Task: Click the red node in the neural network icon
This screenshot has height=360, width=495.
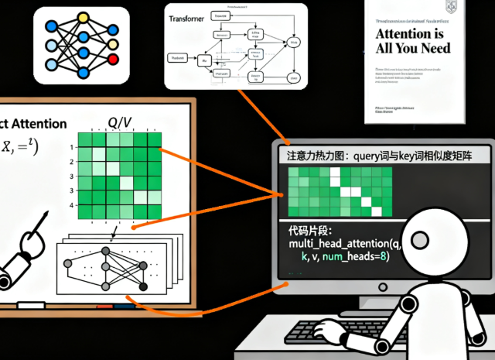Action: (x=114, y=60)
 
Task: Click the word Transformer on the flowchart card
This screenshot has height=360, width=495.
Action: (x=189, y=23)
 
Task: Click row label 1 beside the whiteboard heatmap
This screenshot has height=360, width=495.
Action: (x=70, y=146)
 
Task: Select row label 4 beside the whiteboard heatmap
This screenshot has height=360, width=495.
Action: (x=70, y=205)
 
